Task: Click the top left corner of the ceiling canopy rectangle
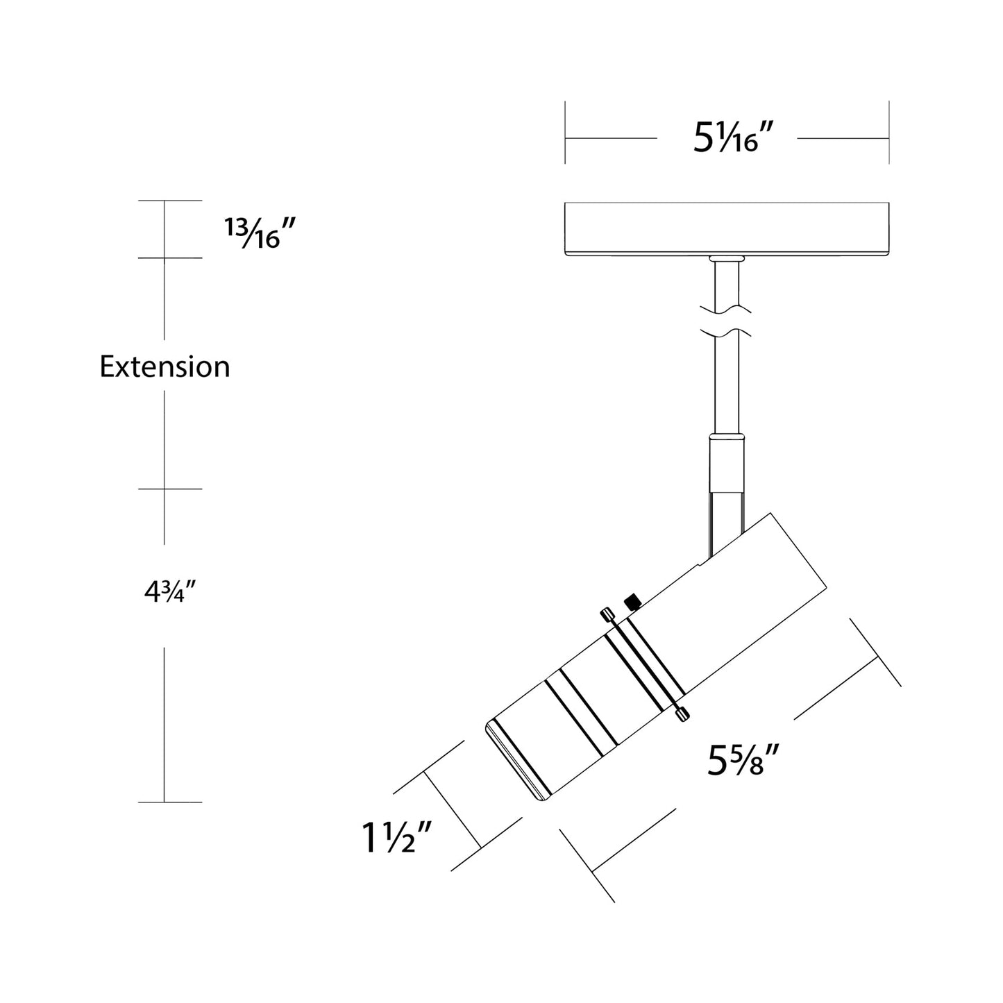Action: [565, 203]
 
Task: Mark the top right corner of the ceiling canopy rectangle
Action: [889, 203]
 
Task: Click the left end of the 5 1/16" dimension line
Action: [565, 138]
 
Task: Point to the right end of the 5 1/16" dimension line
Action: [889, 138]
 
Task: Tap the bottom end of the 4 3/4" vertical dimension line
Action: [165, 802]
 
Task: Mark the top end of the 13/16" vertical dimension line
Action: [165, 201]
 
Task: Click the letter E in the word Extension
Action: [107, 366]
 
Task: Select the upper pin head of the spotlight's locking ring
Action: [606, 615]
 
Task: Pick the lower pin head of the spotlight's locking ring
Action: [682, 715]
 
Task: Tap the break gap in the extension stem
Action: [727, 320]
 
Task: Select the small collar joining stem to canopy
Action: [727, 259]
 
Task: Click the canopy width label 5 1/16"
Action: [734, 138]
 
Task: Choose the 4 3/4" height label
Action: [170, 593]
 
